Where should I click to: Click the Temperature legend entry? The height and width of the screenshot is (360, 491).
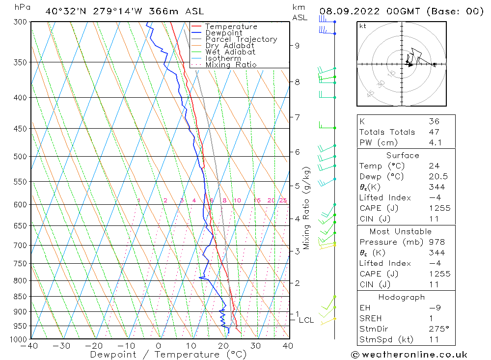tap(231, 27)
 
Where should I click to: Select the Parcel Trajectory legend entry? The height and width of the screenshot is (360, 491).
tap(241, 39)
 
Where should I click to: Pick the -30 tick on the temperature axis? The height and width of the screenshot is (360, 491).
tap(62, 346)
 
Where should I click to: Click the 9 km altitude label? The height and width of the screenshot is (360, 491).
tap(297, 46)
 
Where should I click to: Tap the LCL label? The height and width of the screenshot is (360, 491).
tap(306, 320)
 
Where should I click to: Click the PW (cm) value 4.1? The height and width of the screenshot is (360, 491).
tap(435, 143)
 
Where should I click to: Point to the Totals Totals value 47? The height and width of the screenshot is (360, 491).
tap(434, 132)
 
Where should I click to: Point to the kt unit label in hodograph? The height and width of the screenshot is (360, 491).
tap(362, 26)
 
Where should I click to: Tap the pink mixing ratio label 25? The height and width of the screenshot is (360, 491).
tap(283, 200)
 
